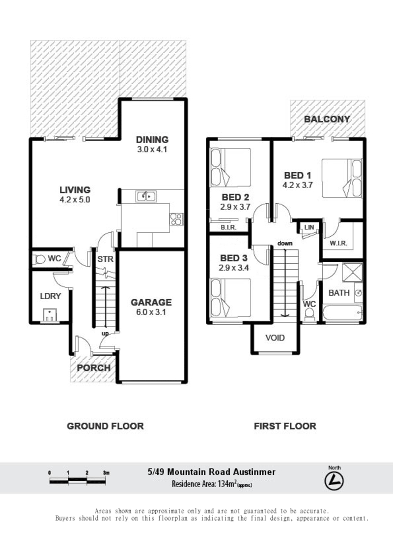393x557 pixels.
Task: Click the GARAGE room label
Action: (x=151, y=302)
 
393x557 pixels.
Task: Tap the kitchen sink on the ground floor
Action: (x=146, y=196)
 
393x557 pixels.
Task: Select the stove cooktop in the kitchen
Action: (x=176, y=219)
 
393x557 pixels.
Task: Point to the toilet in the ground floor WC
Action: (x=39, y=259)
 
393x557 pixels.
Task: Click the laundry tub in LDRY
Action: (x=50, y=315)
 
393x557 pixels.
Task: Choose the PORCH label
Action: (x=94, y=368)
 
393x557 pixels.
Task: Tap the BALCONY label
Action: (x=327, y=119)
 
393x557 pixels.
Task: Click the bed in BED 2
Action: (x=230, y=167)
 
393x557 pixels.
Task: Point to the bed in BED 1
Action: (x=342, y=178)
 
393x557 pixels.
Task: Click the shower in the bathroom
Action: (x=352, y=273)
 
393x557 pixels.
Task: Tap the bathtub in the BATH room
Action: (x=342, y=312)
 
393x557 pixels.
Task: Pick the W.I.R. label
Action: (x=338, y=244)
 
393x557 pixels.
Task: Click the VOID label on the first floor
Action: (x=275, y=338)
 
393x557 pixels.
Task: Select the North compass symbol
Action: (x=334, y=481)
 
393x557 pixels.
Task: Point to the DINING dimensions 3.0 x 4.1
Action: (x=152, y=150)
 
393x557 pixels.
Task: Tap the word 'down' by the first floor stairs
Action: (x=285, y=244)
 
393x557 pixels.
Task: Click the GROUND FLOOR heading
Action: (x=105, y=426)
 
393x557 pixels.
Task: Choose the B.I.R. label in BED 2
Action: (x=228, y=227)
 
